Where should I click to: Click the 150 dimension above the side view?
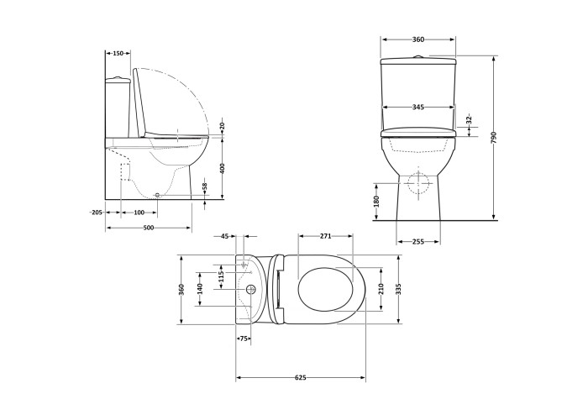[118, 54]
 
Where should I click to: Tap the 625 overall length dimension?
[301, 378]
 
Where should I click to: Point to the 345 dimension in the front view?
[418, 108]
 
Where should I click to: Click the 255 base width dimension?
[417, 242]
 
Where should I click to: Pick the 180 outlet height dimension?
[377, 202]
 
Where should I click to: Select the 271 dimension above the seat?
[326, 236]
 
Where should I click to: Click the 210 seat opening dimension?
[381, 289]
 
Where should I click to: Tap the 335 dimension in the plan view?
[398, 289]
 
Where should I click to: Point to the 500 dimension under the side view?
[149, 228]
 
